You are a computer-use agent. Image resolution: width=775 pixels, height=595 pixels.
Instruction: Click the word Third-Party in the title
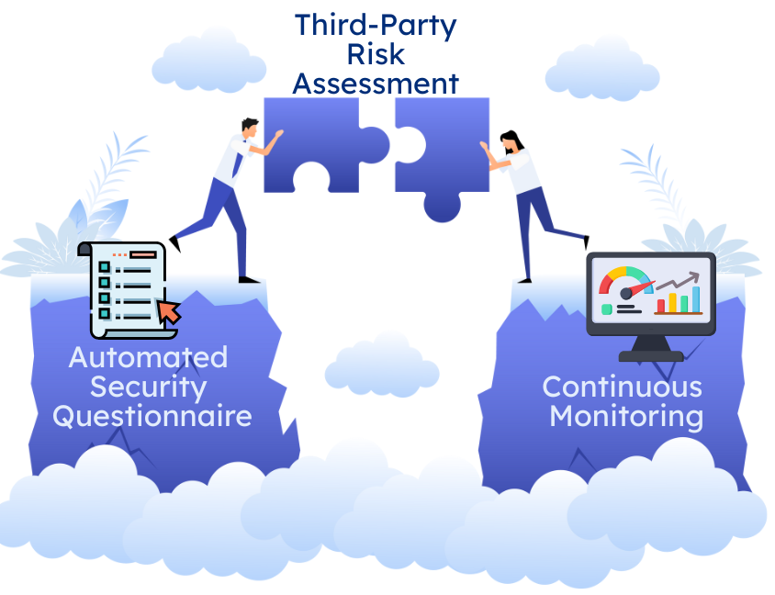pos(375,25)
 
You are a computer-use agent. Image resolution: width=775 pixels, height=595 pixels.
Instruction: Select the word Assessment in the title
pos(375,84)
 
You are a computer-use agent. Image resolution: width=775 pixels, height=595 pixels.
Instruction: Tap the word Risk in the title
pos(375,54)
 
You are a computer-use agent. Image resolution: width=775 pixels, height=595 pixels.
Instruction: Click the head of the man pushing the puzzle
pos(249,128)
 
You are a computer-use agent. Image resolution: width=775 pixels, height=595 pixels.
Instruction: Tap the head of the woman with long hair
pos(512,141)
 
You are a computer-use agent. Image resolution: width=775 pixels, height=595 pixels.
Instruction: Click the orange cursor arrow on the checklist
pos(169,311)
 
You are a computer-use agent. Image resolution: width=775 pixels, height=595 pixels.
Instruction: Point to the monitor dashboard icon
pos(650,298)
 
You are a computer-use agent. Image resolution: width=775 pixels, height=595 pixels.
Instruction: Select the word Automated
pos(148,356)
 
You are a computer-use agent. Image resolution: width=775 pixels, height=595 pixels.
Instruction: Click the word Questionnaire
pos(152,415)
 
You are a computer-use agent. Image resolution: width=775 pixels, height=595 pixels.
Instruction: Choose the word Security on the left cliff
pos(148,386)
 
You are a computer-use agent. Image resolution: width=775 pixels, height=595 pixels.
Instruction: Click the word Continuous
pos(622,386)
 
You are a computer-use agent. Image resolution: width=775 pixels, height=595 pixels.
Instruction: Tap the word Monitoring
pos(626,415)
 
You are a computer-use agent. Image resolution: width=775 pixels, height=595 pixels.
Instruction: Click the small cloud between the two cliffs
pos(381,365)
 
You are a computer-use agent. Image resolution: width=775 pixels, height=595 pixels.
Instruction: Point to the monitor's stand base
pos(651,354)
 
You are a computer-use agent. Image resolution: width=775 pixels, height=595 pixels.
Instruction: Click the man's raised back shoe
pos(174,243)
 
